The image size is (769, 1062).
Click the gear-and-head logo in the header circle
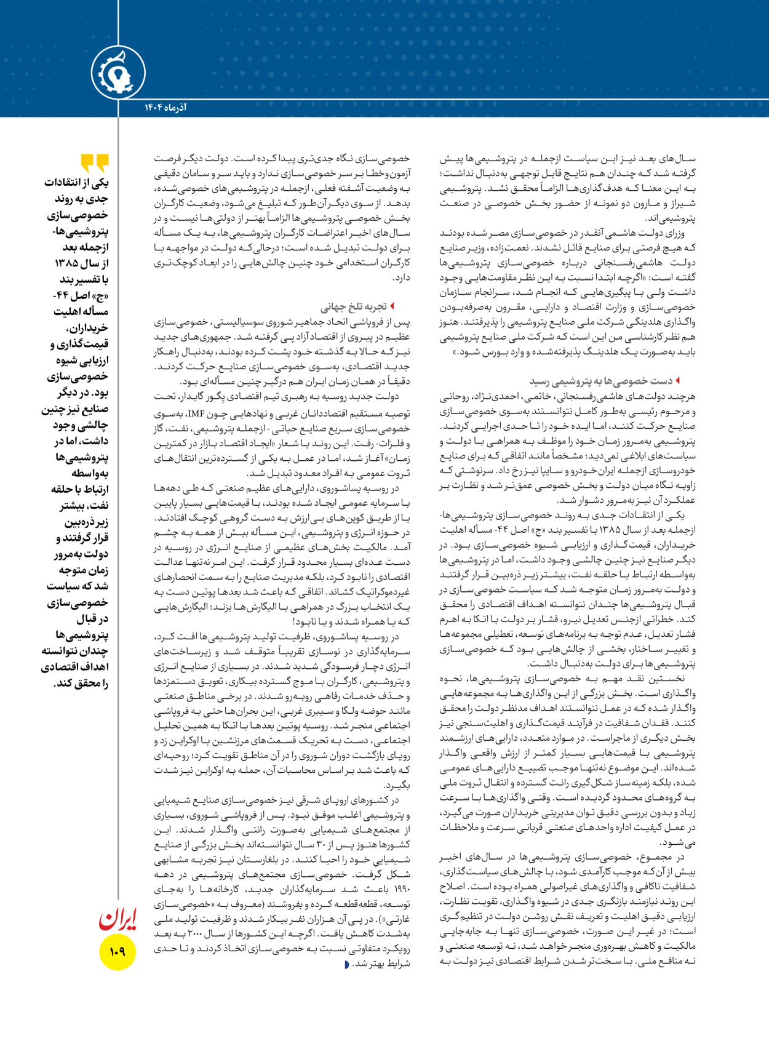click(118, 73)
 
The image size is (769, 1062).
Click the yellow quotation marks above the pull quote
click(95, 163)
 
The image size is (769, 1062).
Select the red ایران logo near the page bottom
click(118, 919)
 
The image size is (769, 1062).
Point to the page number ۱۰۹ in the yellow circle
click(118, 952)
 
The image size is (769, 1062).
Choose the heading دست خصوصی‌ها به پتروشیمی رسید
click(600, 381)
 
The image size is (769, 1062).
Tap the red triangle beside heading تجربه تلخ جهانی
click(392, 306)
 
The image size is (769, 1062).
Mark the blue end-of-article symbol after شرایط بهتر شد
click(347, 964)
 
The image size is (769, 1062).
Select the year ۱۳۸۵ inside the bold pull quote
click(66, 263)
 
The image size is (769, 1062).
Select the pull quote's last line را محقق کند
click(81, 683)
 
